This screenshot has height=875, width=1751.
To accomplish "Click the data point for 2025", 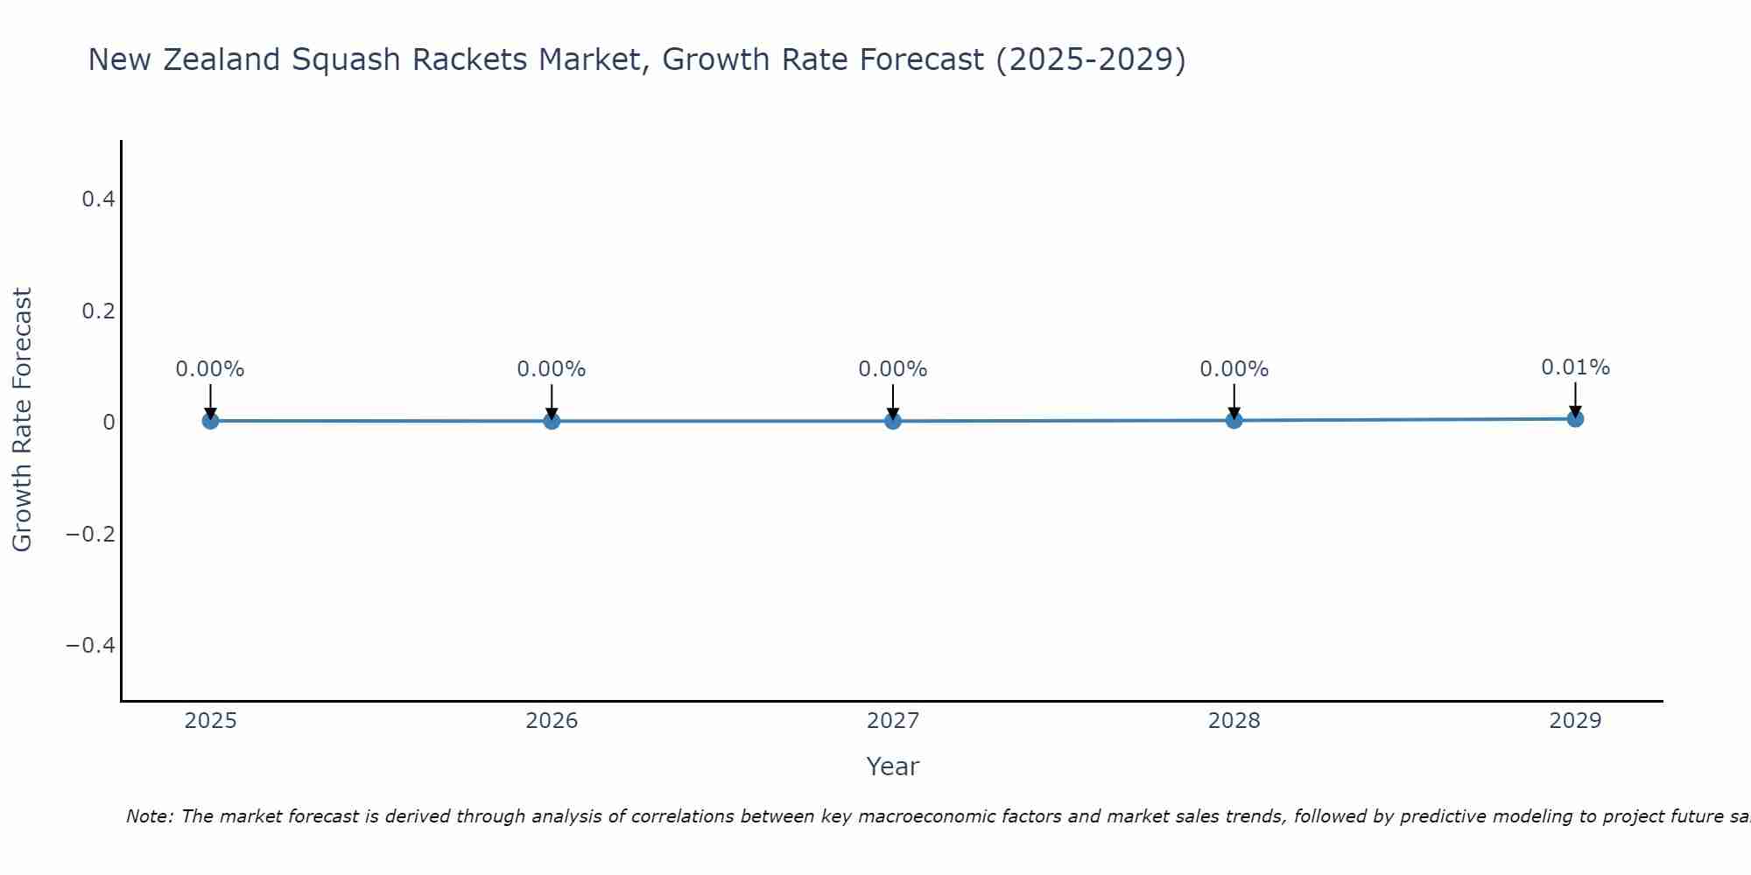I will tap(210, 421).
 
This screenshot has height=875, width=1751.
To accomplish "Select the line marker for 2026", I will tap(552, 421).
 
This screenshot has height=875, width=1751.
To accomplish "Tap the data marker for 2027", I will tap(893, 421).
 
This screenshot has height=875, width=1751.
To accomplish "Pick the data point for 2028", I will tap(1234, 421).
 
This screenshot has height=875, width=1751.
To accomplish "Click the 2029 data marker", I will tap(1575, 419).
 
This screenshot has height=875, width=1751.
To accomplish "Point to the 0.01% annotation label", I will tap(1575, 367).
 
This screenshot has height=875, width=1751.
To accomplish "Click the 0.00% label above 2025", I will tap(210, 369).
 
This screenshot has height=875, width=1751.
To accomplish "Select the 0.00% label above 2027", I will tap(893, 369).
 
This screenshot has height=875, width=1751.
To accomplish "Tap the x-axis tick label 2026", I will tap(552, 721).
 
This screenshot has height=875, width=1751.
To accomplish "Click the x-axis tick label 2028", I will tap(1234, 721).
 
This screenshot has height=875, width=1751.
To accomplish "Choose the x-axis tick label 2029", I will tap(1575, 721).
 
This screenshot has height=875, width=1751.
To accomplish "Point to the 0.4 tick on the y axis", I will tap(98, 199).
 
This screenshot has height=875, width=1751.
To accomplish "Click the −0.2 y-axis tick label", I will tap(91, 534).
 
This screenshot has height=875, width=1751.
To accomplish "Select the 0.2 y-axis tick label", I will tap(98, 311).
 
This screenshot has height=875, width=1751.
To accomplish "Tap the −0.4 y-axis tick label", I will tap(91, 645).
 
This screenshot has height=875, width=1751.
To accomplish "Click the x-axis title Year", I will tap(892, 766).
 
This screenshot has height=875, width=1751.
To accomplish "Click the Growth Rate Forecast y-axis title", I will tap(22, 420).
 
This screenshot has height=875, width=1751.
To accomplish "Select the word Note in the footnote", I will tap(149, 816).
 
